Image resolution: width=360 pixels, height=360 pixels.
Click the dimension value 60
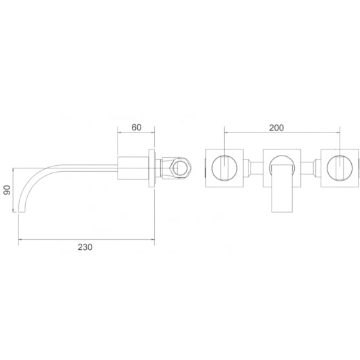(x=136, y=126)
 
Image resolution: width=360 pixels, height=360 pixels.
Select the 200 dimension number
(x=276, y=127)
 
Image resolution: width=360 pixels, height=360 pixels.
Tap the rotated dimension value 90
(x=7, y=190)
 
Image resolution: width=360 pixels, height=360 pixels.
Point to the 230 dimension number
(x=84, y=247)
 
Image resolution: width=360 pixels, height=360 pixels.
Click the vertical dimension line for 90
(x=18, y=190)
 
